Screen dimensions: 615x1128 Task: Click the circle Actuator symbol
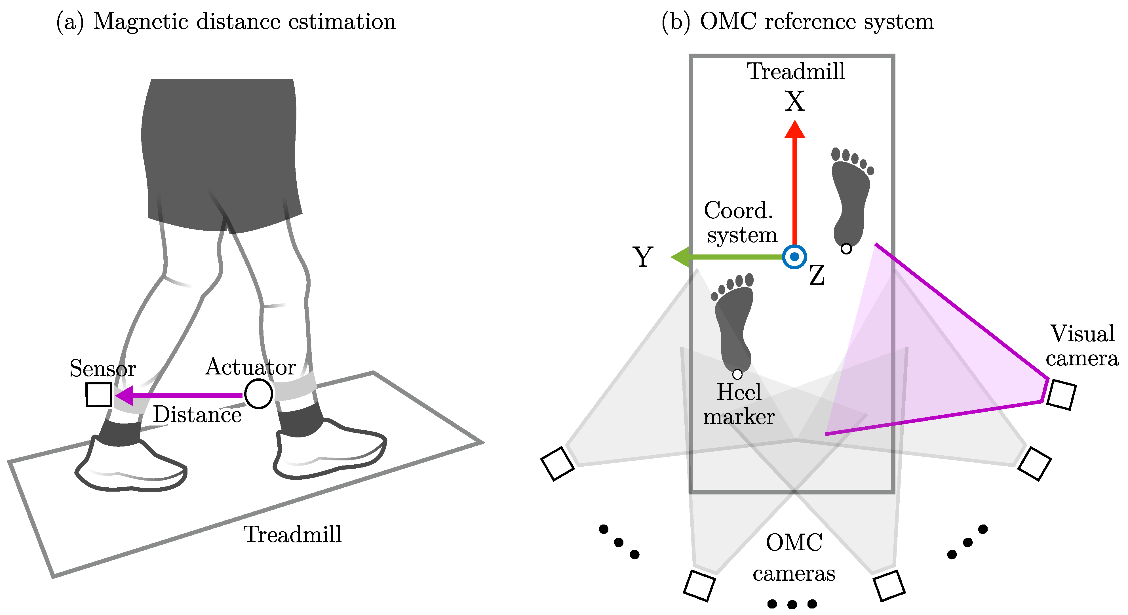258,394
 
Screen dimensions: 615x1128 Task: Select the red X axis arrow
794,184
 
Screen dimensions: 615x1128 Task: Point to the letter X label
794,102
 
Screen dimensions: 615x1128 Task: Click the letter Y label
642,257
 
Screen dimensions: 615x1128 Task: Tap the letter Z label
817,276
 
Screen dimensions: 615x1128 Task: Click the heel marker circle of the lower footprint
737,374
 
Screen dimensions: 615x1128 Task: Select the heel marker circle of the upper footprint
846,249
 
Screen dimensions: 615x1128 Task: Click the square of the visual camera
1061,395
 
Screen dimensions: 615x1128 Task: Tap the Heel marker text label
739,404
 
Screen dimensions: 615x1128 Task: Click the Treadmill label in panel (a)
292,534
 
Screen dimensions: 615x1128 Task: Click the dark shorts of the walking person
221,149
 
